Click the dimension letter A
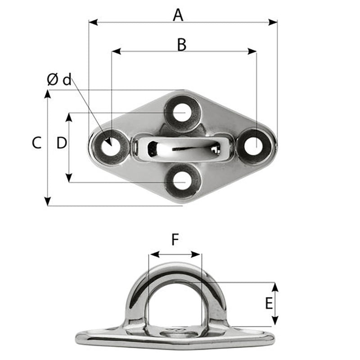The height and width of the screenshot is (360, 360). (x=178, y=15)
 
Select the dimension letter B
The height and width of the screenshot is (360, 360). (x=181, y=45)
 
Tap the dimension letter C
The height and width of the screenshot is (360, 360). (x=37, y=143)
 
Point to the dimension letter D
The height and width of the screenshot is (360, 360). (x=62, y=143)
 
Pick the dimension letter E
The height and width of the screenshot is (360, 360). (x=269, y=304)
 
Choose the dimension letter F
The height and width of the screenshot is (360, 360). (x=175, y=241)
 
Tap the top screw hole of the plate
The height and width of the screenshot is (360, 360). (x=182, y=112)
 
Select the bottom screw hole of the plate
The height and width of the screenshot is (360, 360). (x=181, y=181)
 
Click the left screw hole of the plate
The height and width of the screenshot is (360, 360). (x=108, y=146)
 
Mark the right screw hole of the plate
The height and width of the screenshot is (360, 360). (x=254, y=146)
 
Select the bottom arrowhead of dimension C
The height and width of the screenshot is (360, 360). (x=48, y=202)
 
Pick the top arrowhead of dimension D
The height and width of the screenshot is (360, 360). (x=69, y=116)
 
